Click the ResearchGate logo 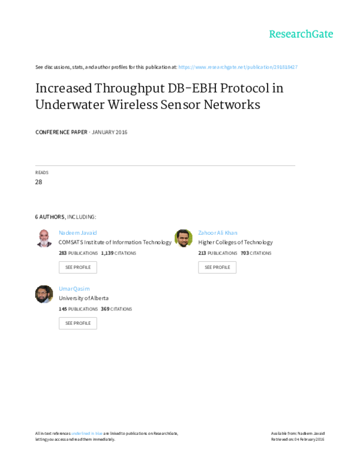point(300,34)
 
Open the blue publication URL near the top point(238,67)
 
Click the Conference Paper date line point(81,132)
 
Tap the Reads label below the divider point(41,173)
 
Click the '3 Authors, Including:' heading point(65,216)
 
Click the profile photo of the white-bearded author point(44,238)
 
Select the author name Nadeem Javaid point(77,232)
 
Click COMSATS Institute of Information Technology point(115,243)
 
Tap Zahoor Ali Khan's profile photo point(184,238)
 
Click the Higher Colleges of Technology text point(236,243)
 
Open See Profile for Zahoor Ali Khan point(217,267)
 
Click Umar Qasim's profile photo point(44,294)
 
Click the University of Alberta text point(83,298)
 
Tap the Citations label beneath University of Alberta point(121,309)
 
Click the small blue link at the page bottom point(86,433)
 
